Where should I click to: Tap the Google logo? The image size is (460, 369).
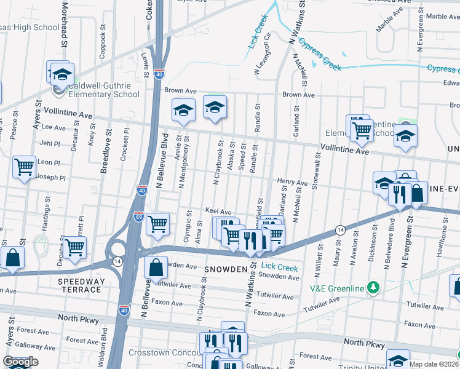[20, 362]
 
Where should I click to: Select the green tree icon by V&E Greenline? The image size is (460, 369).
[372, 287]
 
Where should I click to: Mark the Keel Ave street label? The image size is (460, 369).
[218, 211]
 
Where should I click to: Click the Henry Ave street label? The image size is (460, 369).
[291, 183]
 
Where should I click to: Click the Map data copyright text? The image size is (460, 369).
[434, 364]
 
